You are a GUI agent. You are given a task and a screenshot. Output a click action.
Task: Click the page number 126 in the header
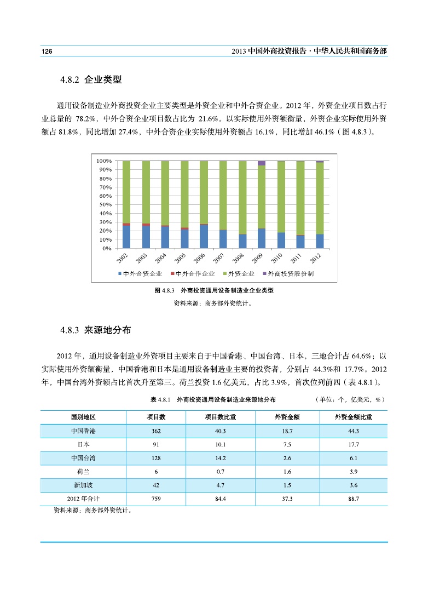coord(47,51)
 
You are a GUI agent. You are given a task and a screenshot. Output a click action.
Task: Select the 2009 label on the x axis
coord(257,259)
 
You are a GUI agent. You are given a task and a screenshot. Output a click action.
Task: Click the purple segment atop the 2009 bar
coord(262,163)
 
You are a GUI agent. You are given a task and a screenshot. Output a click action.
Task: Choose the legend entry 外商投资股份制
coord(288,273)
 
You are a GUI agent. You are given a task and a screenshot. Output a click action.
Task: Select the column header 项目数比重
coord(219,417)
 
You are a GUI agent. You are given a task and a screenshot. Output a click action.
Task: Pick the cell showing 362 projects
coord(156,431)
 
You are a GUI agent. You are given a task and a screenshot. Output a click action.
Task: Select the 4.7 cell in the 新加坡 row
coord(219,485)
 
